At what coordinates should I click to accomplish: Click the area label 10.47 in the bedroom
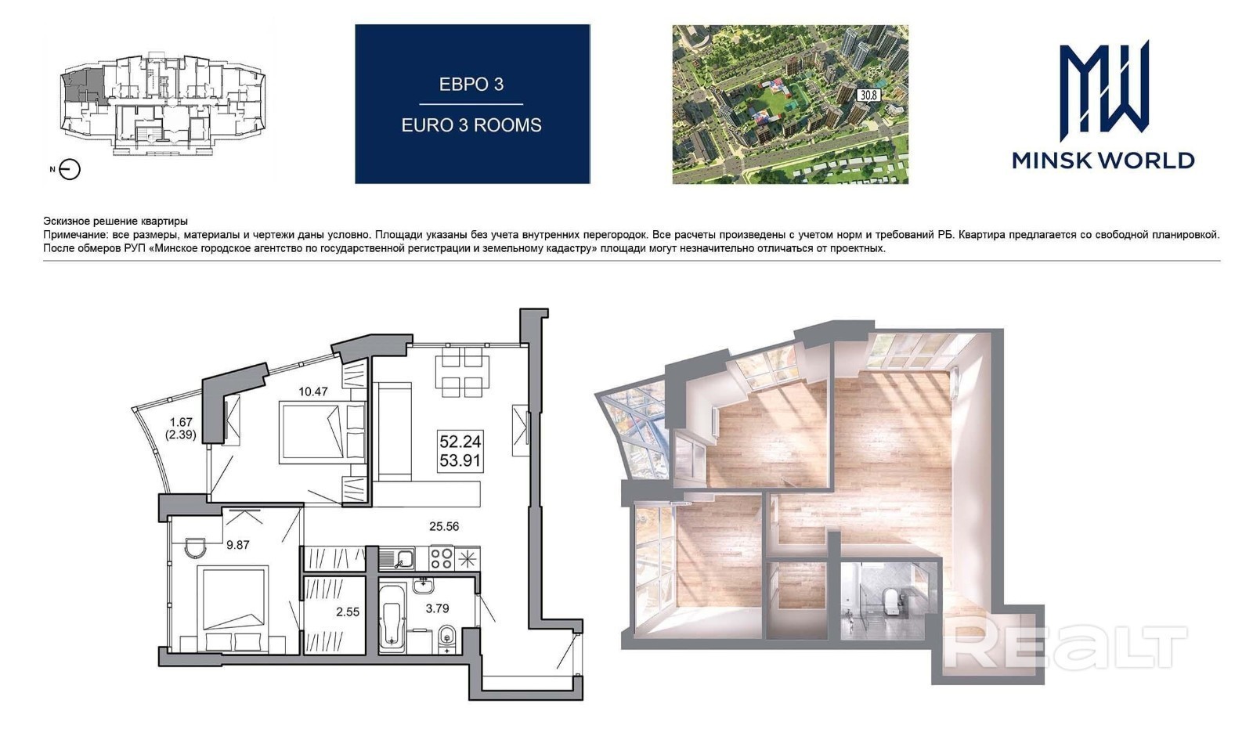tap(312, 391)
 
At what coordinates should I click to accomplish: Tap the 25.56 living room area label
tap(444, 526)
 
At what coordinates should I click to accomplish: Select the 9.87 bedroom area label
tap(238, 545)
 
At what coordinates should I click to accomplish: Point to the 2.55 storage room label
tap(348, 612)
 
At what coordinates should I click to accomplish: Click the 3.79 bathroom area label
tap(438, 608)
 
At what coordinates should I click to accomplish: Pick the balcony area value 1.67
tap(181, 423)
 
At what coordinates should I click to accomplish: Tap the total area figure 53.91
tap(460, 461)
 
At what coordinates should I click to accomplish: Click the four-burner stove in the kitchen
tap(441, 558)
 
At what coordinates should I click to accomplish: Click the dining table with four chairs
tap(459, 371)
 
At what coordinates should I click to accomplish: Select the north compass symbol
tap(70, 169)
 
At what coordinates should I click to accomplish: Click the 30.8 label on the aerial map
tap(868, 95)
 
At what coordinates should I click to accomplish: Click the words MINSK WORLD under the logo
tap(1103, 161)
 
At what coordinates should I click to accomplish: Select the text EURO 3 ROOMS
tap(471, 125)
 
